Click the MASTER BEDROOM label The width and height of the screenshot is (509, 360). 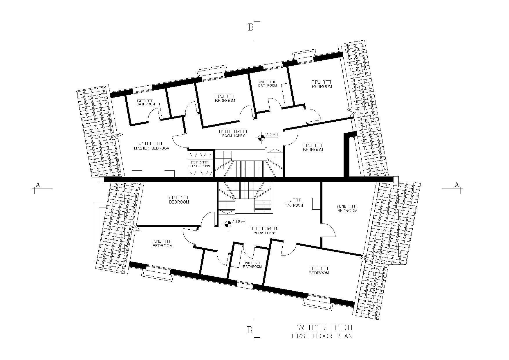tap(152, 148)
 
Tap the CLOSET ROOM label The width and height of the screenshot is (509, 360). tap(199, 166)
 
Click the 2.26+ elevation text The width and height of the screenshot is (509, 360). tap(272, 135)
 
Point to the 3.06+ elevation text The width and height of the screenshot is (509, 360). tap(239, 222)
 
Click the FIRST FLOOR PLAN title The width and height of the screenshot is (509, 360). tap(322, 336)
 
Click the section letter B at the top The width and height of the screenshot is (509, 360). tap(251, 28)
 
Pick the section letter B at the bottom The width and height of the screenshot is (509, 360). tap(250, 330)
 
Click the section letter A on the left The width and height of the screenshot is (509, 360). tap(38, 185)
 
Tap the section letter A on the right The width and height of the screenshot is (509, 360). tap(457, 185)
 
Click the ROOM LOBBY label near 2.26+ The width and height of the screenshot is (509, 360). tap(234, 136)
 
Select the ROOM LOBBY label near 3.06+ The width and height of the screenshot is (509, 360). tap(265, 233)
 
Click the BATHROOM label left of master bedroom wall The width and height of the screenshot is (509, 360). tap(146, 104)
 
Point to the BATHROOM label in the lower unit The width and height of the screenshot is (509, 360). tap(252, 267)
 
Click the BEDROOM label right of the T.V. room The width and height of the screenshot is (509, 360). tap(347, 211)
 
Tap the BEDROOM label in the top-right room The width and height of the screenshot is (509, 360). tap(322, 87)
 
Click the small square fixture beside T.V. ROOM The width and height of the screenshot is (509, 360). tap(316, 203)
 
